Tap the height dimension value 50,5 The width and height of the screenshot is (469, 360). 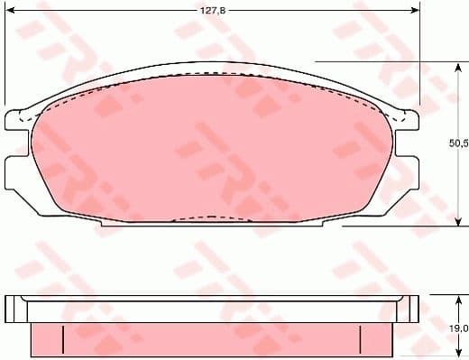(x=459, y=143)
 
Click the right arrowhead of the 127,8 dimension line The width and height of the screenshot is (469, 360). (x=416, y=12)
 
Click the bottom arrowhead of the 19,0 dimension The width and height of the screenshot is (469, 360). (x=459, y=355)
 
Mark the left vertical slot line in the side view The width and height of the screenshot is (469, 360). (x=63, y=340)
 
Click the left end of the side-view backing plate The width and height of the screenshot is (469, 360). (x=11, y=309)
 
